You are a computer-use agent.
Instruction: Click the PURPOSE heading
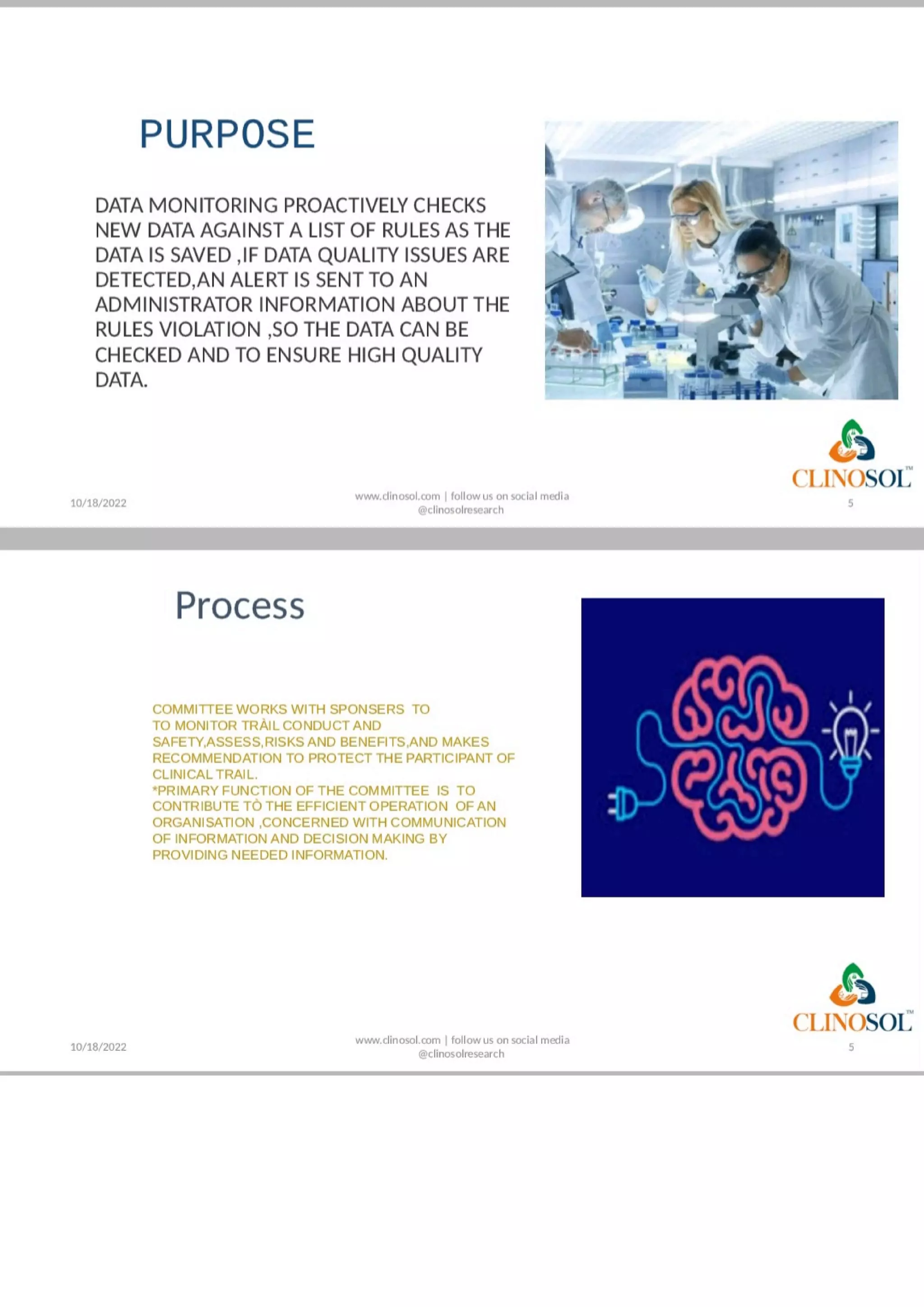coord(227,134)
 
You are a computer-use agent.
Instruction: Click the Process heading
coord(240,605)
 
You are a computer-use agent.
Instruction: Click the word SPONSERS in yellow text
coord(367,709)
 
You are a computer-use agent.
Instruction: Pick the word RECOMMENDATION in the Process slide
coord(228,758)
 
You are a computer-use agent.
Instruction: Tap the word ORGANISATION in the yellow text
coord(203,823)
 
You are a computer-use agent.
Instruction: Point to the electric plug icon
coord(618,804)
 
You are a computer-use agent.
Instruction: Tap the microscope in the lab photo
coord(735,319)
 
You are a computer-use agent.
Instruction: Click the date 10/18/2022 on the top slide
coord(98,503)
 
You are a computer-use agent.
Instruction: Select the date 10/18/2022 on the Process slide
coord(98,1047)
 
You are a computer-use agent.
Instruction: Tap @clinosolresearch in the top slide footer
coord(461,510)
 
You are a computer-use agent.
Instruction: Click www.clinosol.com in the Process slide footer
coord(398,1040)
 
